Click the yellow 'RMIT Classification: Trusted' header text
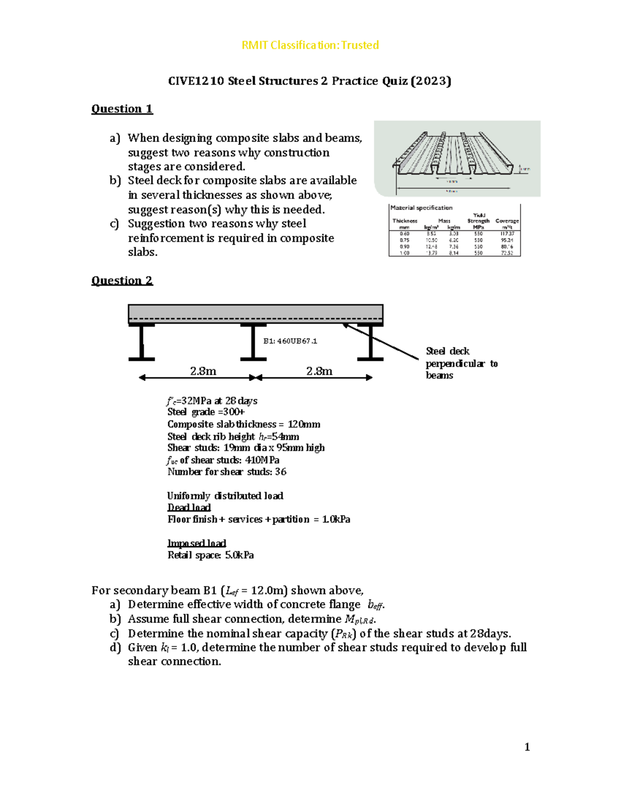[310, 45]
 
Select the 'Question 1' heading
[122, 109]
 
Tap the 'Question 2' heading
[122, 281]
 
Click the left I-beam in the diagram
[141, 342]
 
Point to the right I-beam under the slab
[370, 342]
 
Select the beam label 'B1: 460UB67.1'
[290, 341]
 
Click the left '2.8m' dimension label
[203, 371]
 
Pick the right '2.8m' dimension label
[319, 371]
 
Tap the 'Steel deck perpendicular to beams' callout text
[461, 363]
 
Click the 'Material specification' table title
[421, 208]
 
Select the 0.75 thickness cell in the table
[404, 240]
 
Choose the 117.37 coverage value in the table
[507, 234]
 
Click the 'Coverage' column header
[507, 221]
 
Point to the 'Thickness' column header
[405, 221]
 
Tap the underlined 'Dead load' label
[189, 507]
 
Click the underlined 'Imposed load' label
[197, 543]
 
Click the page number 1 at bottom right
[527, 747]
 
